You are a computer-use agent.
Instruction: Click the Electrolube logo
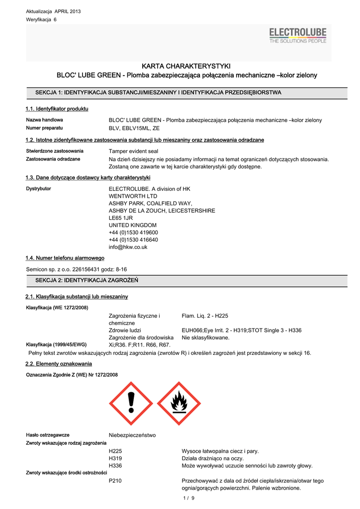298,35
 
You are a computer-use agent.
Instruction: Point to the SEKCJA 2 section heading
87,281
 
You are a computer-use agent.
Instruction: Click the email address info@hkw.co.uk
128,247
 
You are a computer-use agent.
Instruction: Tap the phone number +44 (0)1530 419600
133,232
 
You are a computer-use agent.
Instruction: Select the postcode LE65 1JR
121,218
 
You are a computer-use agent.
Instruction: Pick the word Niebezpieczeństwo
132,435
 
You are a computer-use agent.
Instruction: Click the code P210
115,481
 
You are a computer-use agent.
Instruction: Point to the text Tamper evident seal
133,151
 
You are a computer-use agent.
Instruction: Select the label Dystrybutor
38,189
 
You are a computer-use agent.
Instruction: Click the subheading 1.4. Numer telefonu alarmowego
65,258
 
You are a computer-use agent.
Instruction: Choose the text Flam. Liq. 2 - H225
205,316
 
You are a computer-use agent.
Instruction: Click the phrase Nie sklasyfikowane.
205,338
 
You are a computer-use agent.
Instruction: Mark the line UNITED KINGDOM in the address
132,225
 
